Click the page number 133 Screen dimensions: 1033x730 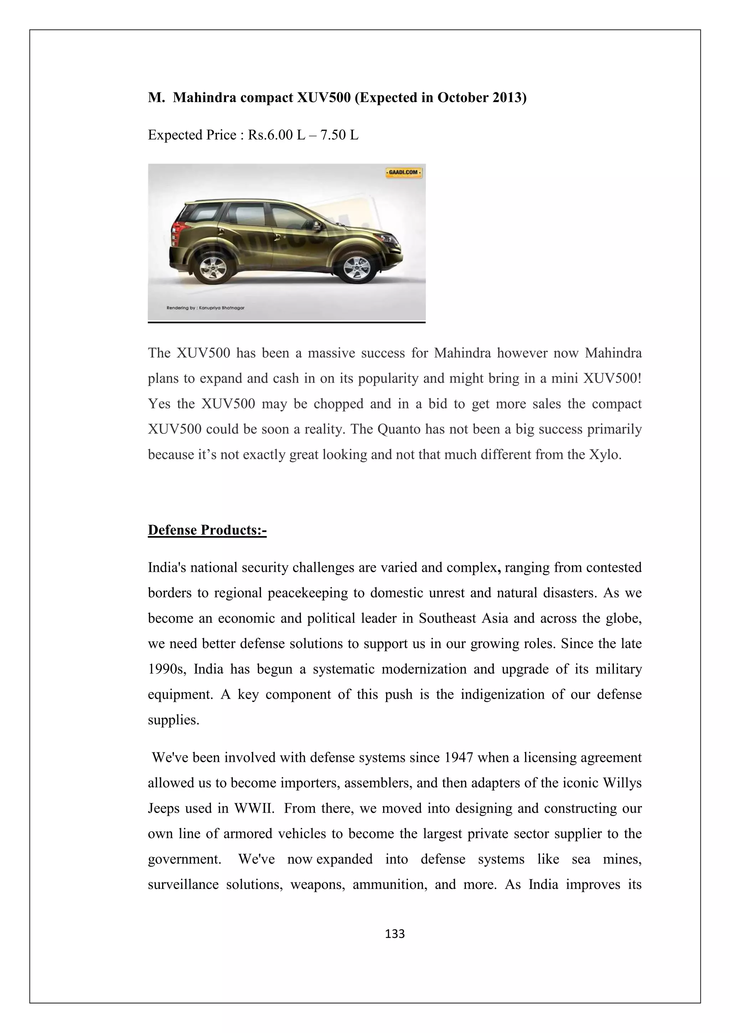(395, 934)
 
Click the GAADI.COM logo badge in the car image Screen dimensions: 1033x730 (403, 172)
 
